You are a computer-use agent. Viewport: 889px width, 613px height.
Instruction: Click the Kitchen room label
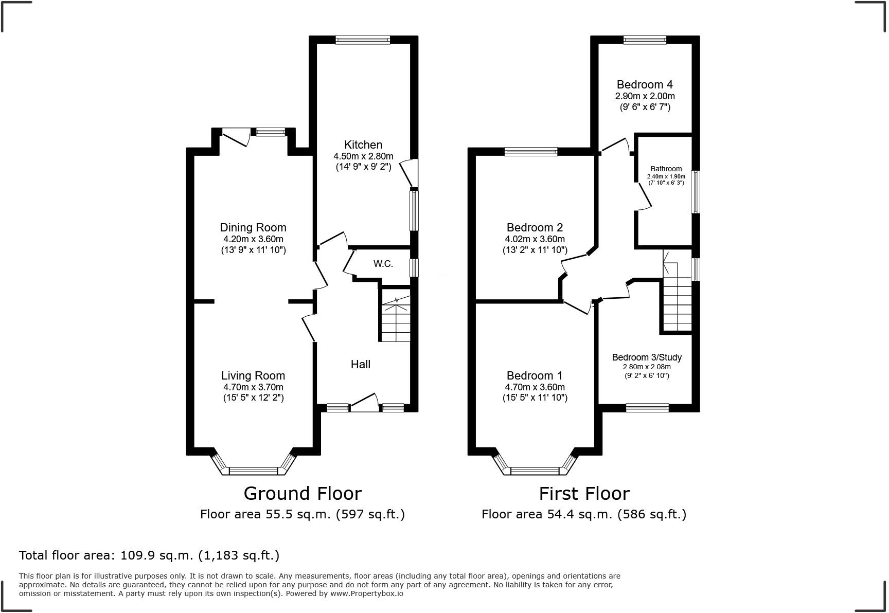coord(363,145)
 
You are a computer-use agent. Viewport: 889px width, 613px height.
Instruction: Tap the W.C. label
coord(383,264)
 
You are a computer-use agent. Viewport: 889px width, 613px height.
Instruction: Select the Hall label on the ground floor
coord(360,365)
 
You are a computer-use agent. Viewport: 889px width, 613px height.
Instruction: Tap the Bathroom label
coord(666,169)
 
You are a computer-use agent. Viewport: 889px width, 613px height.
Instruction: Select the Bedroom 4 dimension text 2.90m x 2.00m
coord(645,96)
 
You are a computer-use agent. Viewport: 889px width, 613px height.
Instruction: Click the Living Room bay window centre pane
coord(253,470)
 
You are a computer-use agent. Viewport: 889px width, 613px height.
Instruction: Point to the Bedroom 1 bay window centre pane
coord(535,470)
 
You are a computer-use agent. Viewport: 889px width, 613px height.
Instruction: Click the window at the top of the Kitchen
coord(363,40)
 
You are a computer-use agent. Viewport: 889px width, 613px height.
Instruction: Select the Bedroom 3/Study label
coord(647,357)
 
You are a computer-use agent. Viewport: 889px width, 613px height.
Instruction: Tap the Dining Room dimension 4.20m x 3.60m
coord(253,239)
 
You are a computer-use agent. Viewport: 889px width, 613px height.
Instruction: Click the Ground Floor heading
coord(303,494)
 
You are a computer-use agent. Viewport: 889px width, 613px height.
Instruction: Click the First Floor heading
coord(584,494)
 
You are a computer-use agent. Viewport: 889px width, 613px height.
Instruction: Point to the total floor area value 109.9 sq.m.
coord(156,555)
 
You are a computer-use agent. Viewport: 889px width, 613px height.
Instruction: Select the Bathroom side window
coord(695,192)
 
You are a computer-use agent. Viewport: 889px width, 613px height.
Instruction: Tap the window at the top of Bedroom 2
coord(531,151)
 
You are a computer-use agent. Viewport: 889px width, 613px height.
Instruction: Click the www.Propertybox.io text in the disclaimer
coord(367,593)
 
